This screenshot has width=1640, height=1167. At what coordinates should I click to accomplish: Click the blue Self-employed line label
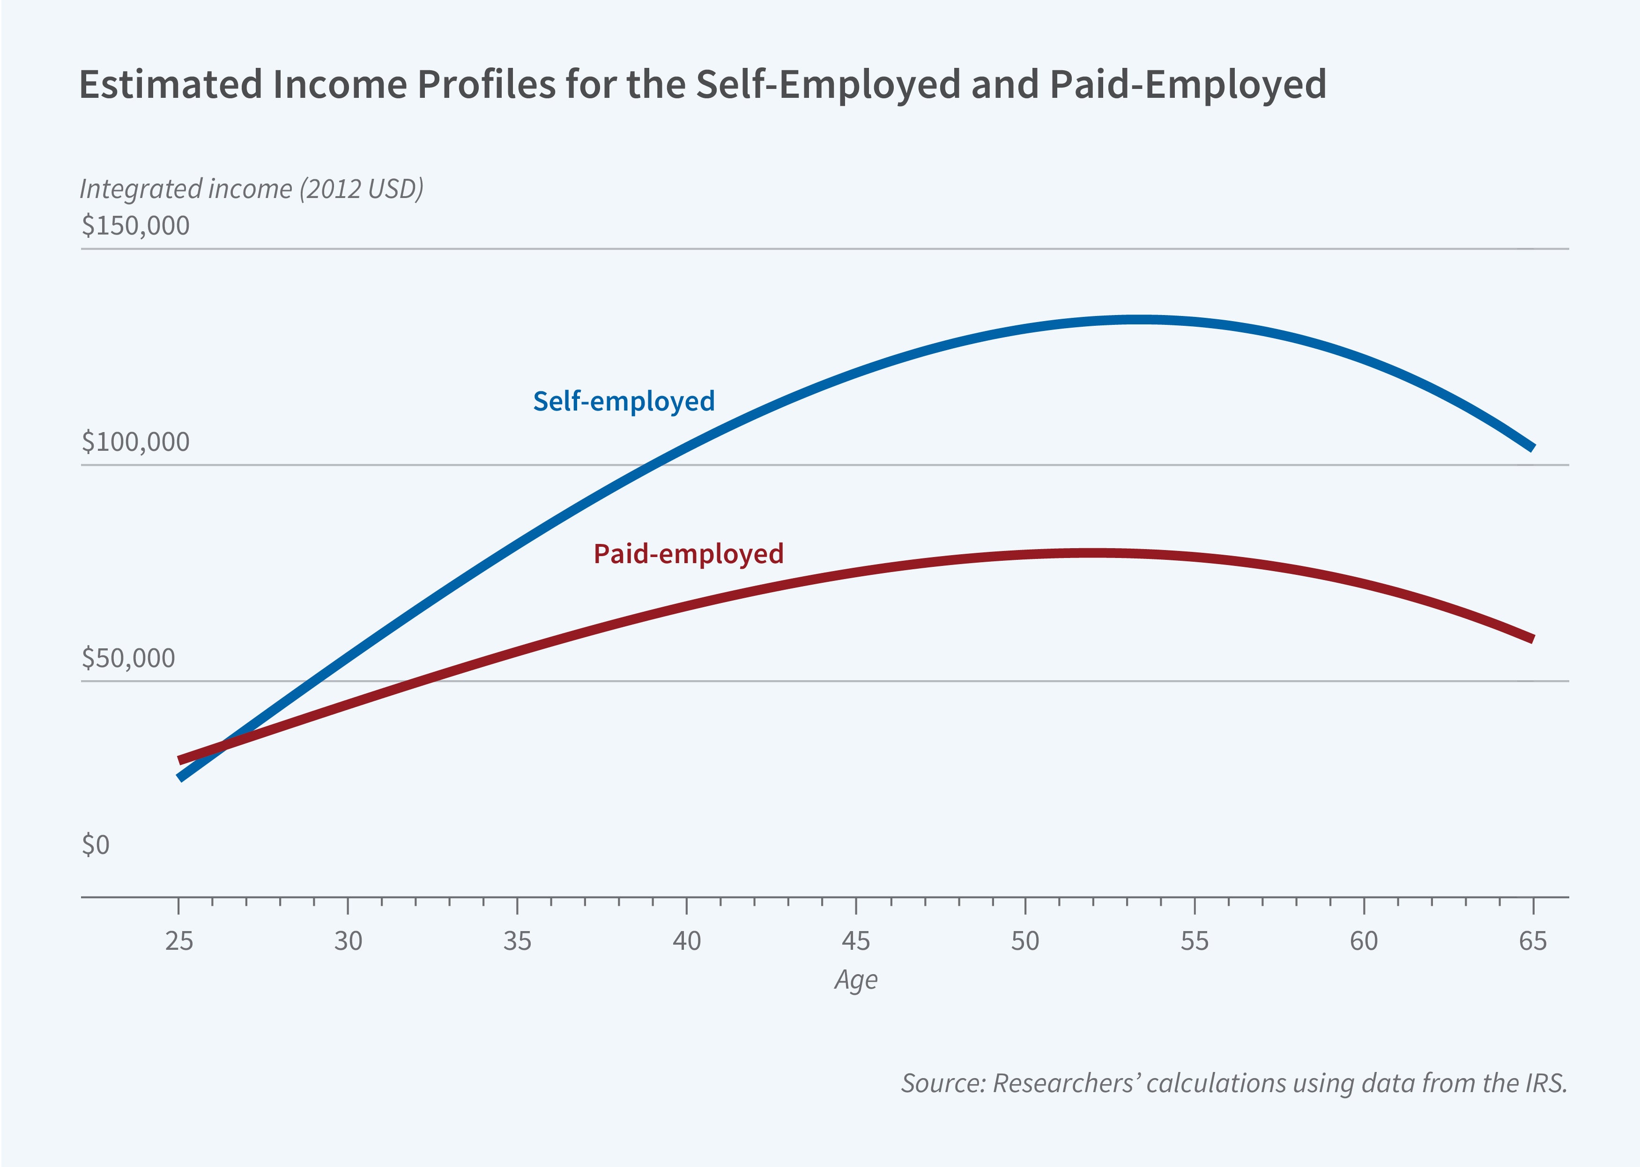point(623,402)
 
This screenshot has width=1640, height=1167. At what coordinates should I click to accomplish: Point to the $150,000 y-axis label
point(135,226)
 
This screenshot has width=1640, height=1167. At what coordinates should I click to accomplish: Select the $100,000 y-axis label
point(135,442)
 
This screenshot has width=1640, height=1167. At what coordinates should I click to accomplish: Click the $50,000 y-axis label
point(128,658)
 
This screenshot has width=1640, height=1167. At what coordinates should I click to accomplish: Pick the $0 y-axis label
point(96,845)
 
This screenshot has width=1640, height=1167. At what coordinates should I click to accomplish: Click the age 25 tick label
point(179,941)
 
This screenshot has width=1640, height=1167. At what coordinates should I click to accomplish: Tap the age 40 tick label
point(687,941)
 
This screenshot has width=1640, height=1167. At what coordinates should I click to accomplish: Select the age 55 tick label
point(1194,941)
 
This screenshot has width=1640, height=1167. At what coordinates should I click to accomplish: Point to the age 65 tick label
point(1533,941)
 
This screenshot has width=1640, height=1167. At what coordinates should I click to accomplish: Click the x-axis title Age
point(855,980)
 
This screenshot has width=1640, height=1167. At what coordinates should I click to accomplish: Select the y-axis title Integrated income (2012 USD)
point(251,189)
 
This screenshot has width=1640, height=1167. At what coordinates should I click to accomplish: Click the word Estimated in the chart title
point(171,85)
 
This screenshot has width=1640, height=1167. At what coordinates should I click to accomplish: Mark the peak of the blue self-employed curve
point(1140,320)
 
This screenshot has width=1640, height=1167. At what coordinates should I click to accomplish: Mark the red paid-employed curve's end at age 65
point(1531,638)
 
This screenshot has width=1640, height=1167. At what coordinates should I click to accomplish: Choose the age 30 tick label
point(348,941)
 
